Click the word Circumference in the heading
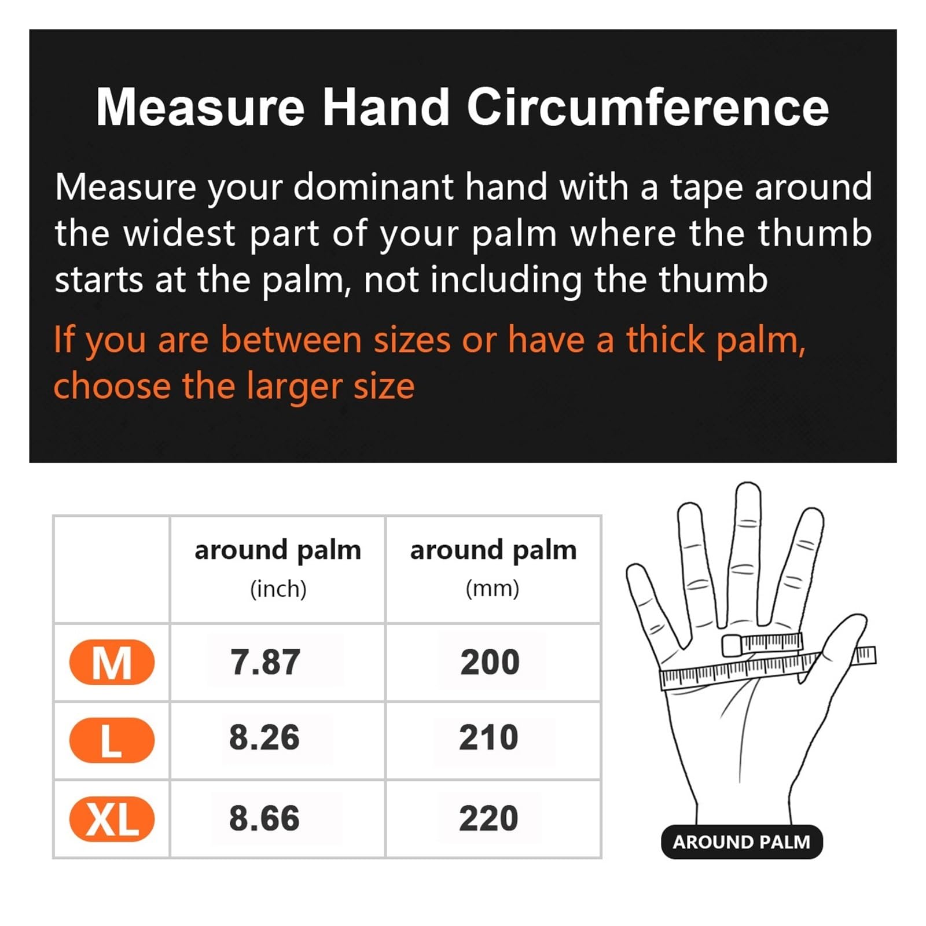(648, 107)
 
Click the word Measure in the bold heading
(200, 107)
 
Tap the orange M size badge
(112, 662)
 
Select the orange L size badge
(112, 740)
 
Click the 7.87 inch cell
(265, 662)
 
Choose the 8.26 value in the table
(264, 737)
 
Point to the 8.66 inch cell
(264, 818)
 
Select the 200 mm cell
(490, 662)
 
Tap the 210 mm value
(488, 737)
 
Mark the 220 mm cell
(488, 818)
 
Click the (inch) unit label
(278, 589)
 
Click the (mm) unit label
(493, 589)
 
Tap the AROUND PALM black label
(741, 842)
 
